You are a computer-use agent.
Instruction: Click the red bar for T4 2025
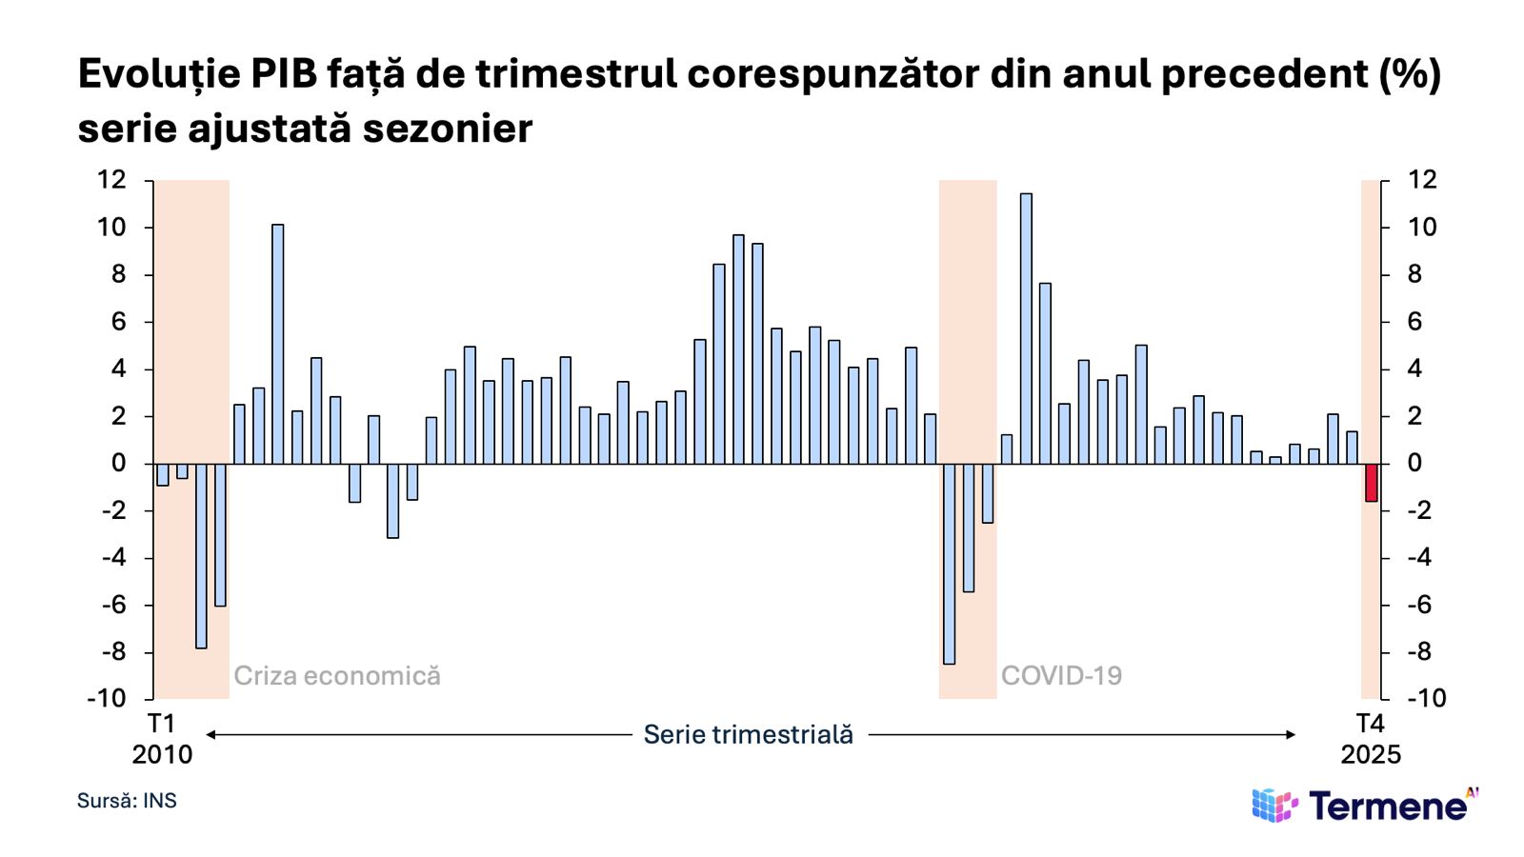click(1371, 482)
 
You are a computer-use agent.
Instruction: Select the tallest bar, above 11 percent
click(1026, 329)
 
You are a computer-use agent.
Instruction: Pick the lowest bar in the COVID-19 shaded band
click(949, 564)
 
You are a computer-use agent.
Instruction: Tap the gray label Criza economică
click(337, 676)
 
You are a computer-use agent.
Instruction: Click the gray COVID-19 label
click(1061, 676)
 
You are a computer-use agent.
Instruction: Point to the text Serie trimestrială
click(748, 734)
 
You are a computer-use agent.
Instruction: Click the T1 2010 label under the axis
click(162, 739)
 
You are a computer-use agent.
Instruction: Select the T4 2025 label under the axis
click(1371, 739)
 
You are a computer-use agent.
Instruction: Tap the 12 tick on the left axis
click(111, 180)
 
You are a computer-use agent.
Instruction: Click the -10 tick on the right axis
click(1426, 698)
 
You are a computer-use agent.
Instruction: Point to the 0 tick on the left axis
click(118, 464)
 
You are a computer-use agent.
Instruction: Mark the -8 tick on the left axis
click(113, 652)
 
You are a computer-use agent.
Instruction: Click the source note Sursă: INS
click(127, 801)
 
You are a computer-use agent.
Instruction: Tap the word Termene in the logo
click(1388, 807)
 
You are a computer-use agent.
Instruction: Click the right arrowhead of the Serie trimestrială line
click(1291, 734)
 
